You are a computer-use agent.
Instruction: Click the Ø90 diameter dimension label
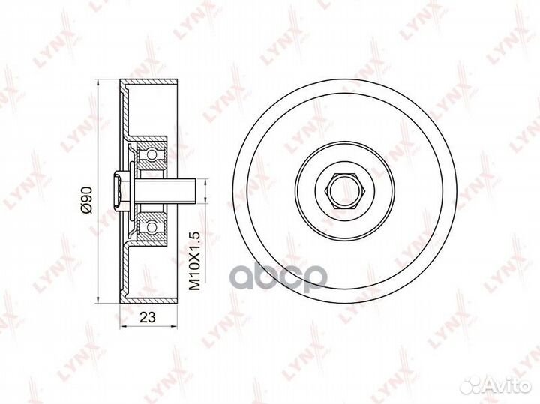click(88, 200)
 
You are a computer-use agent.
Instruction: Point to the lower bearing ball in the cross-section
click(152, 226)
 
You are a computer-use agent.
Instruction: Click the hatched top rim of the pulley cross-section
click(148, 80)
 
